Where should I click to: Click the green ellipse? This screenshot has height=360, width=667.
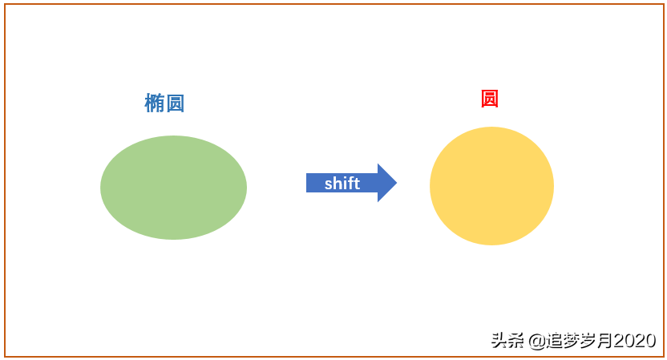point(173,188)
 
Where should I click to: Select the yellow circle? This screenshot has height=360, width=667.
point(491,186)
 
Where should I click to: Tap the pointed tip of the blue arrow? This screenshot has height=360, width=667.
point(397,183)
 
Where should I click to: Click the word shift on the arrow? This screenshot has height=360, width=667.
point(342,184)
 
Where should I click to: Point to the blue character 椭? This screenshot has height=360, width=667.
point(155,103)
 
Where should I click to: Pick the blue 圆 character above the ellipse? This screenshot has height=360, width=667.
point(176,103)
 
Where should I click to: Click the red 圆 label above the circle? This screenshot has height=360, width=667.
point(490,99)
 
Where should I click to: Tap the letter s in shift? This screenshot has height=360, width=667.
point(328,184)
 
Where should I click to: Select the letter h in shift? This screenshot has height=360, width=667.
point(337,184)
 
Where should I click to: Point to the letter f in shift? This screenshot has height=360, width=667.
point(350,184)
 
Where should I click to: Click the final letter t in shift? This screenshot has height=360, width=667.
point(357,184)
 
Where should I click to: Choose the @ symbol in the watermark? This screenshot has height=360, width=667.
point(537,341)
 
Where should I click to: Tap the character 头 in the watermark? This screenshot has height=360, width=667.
point(499,341)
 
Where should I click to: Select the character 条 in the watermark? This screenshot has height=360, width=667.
point(515,341)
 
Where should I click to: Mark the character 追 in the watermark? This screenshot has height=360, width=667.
point(554,341)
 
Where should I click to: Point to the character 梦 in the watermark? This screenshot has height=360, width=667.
point(572,341)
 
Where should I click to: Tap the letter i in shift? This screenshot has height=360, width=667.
point(344,184)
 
